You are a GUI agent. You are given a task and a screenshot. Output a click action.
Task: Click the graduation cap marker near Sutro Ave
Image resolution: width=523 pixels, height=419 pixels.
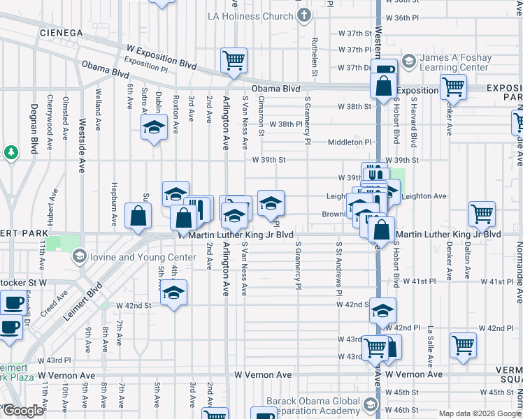click(x=154, y=128)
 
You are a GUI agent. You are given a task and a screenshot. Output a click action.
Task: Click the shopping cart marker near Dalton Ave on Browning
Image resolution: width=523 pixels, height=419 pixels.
click(x=482, y=214)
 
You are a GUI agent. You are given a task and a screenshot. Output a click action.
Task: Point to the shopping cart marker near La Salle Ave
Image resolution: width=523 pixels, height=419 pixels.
click(x=463, y=344)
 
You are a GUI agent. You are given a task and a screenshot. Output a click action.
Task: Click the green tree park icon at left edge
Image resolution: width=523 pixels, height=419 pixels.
click(x=10, y=152)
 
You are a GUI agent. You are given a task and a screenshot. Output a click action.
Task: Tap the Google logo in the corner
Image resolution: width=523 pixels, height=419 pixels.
click(x=23, y=411)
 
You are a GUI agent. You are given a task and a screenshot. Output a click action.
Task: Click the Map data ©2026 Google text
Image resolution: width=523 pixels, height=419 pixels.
click(x=480, y=413)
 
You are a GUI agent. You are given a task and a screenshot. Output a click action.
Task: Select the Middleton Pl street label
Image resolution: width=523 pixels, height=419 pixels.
click(x=350, y=142)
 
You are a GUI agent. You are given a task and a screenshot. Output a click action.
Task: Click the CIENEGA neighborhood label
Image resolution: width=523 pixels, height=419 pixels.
click(x=62, y=33)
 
